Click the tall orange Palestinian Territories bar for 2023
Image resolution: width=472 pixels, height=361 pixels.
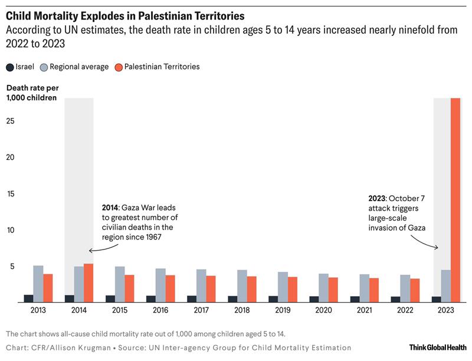click(455, 201)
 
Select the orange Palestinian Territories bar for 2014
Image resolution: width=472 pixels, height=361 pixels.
click(88, 283)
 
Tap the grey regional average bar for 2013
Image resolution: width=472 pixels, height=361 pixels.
click(38, 284)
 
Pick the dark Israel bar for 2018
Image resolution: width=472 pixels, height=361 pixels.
click(232, 299)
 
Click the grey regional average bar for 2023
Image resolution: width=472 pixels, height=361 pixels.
click(445, 286)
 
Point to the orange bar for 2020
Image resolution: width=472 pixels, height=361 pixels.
click(333, 290)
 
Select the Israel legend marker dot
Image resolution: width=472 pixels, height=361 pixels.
click(10, 67)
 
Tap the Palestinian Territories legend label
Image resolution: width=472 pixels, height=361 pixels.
click(162, 67)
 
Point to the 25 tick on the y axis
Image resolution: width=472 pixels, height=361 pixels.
click(10, 121)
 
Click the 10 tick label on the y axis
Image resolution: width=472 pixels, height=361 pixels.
click(10, 230)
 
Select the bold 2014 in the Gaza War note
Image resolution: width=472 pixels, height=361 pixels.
click(110, 209)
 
